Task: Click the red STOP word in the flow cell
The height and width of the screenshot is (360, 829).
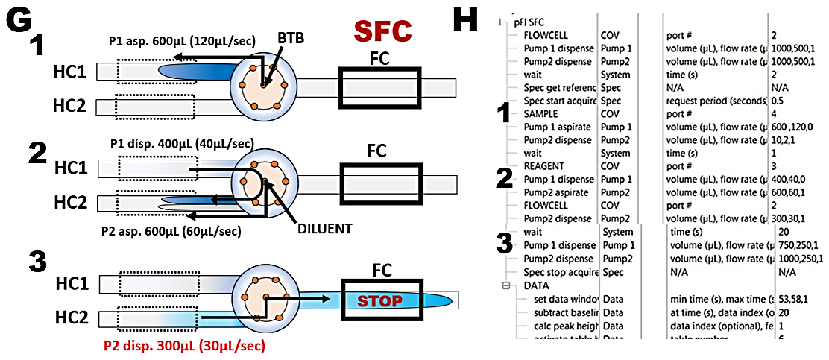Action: pos(380,301)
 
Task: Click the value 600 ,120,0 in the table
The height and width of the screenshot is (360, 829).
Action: pos(795,127)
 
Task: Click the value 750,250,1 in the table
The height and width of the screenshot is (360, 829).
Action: pos(797,245)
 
